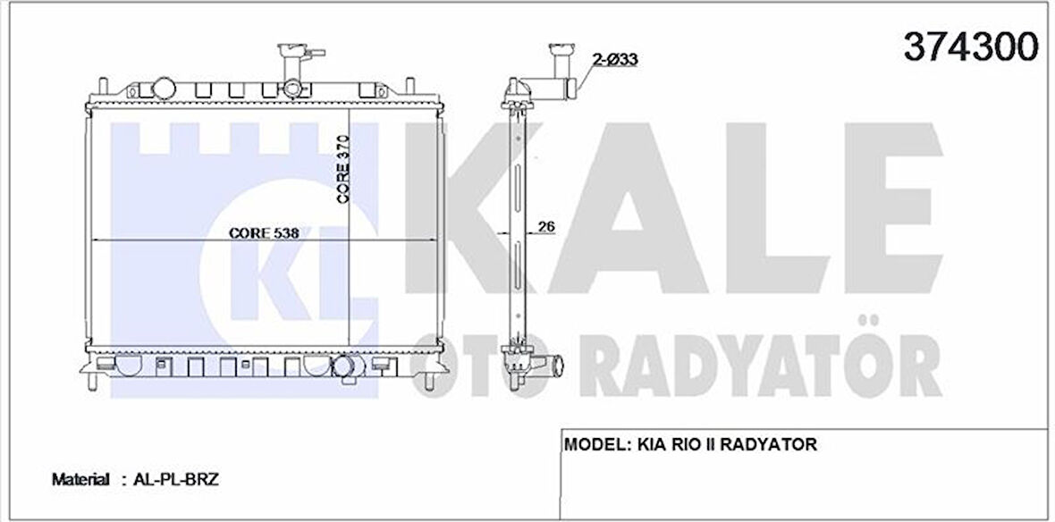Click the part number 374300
click(971, 46)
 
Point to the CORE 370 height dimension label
click(343, 169)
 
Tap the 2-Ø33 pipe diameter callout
click(615, 60)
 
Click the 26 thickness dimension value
click(546, 227)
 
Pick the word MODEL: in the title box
click(595, 444)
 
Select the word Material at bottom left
click(80, 480)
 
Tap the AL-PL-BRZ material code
click(176, 480)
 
